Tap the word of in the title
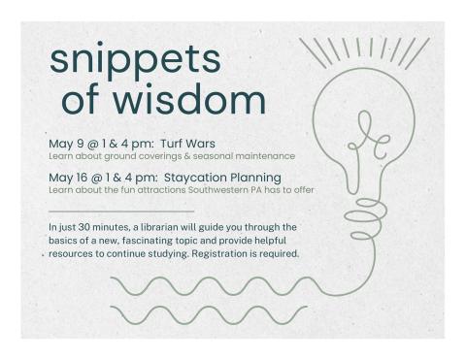click(x=84, y=100)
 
